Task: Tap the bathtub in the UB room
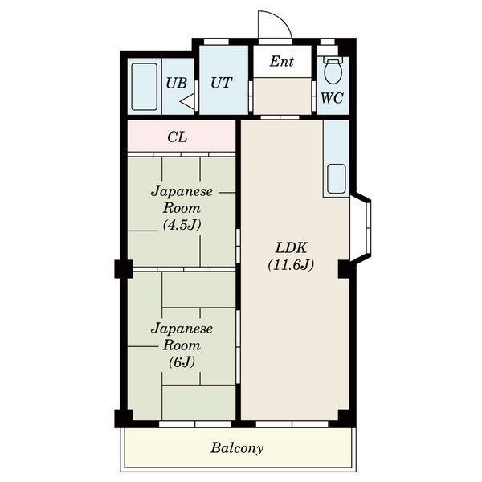pos(144,87)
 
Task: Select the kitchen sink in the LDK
pos(336,179)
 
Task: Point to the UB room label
pos(177,83)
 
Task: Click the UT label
pos(221,83)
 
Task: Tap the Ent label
pos(282,62)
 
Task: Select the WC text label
pos(332,98)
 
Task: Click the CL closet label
pos(178,137)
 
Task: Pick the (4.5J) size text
pos(182,225)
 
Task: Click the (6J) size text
pos(182,361)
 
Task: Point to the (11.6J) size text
pos(291,264)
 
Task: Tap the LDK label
pos(291,247)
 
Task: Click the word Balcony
pos(237,448)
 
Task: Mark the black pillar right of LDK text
pos(345,269)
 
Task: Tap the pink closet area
pos(182,137)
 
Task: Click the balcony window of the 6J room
pos(195,424)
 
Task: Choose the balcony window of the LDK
pos(292,424)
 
